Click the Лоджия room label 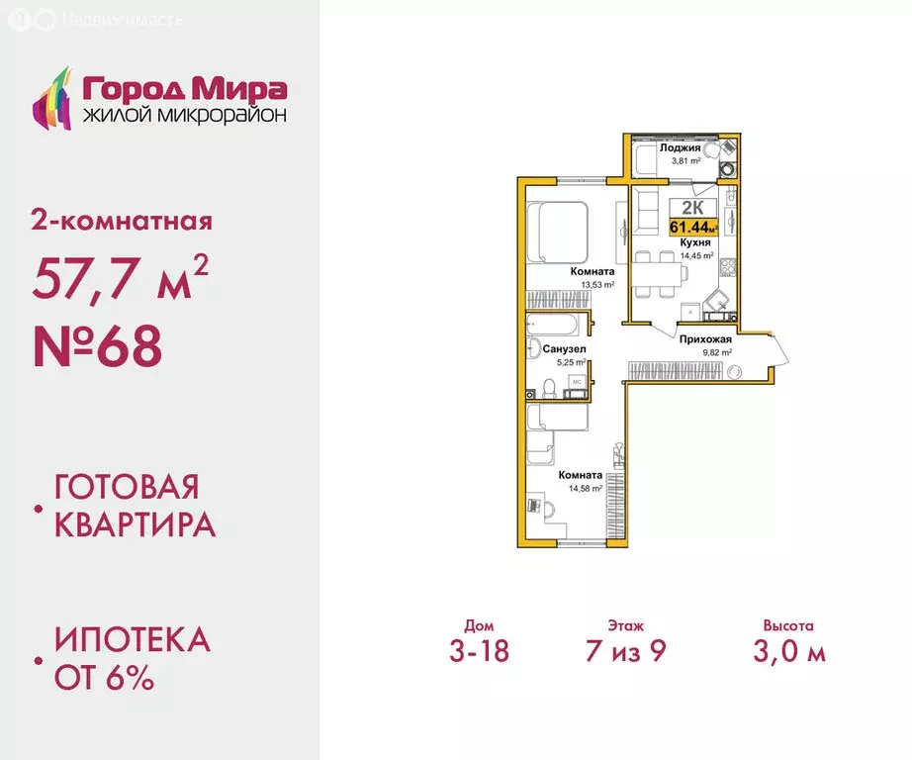[x=681, y=147]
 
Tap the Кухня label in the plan [x=691, y=240]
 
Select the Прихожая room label [x=704, y=338]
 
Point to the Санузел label [x=564, y=349]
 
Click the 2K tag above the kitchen [x=692, y=208]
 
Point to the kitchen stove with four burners [x=729, y=266]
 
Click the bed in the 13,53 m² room [x=556, y=234]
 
